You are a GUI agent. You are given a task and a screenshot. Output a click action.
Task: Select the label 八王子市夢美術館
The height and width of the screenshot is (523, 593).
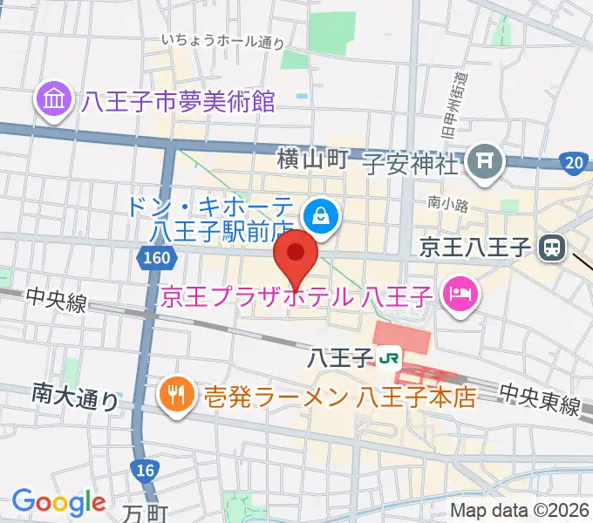[179, 102]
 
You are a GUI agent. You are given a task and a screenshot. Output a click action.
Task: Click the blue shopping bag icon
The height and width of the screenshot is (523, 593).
[322, 214]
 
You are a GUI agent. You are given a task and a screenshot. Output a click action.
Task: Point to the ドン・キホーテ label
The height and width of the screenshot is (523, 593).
[209, 207]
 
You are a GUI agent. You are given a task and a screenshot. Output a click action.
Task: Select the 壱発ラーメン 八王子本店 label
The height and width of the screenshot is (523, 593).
[341, 397]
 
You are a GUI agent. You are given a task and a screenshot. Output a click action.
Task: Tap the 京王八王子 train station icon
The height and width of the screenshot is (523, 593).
[551, 248]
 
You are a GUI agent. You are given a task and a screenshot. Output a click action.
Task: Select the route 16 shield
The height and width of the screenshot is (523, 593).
[146, 472]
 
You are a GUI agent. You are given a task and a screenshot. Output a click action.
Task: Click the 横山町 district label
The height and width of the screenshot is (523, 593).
[313, 159]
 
